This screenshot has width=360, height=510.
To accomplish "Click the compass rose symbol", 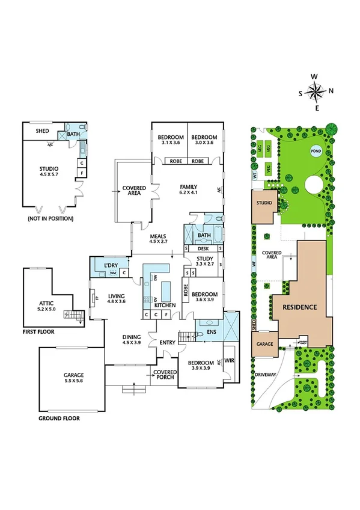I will [315, 92].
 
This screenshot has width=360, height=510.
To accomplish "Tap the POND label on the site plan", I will [315, 151].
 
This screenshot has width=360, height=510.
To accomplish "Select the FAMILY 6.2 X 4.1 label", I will [188, 190].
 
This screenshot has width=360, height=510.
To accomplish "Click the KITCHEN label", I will [165, 306].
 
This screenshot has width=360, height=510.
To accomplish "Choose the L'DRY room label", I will [110, 265].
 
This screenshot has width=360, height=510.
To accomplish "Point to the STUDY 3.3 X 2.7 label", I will [205, 260].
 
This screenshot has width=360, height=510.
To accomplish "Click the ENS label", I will [210, 331].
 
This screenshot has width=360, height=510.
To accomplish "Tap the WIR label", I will [229, 363].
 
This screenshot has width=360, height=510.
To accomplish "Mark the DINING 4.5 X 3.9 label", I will [132, 339].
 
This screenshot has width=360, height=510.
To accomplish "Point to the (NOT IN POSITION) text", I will [50, 219].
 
